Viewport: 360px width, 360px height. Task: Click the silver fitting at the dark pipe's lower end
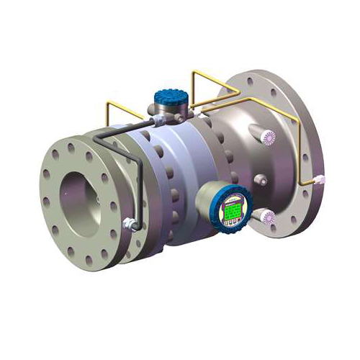130,222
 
